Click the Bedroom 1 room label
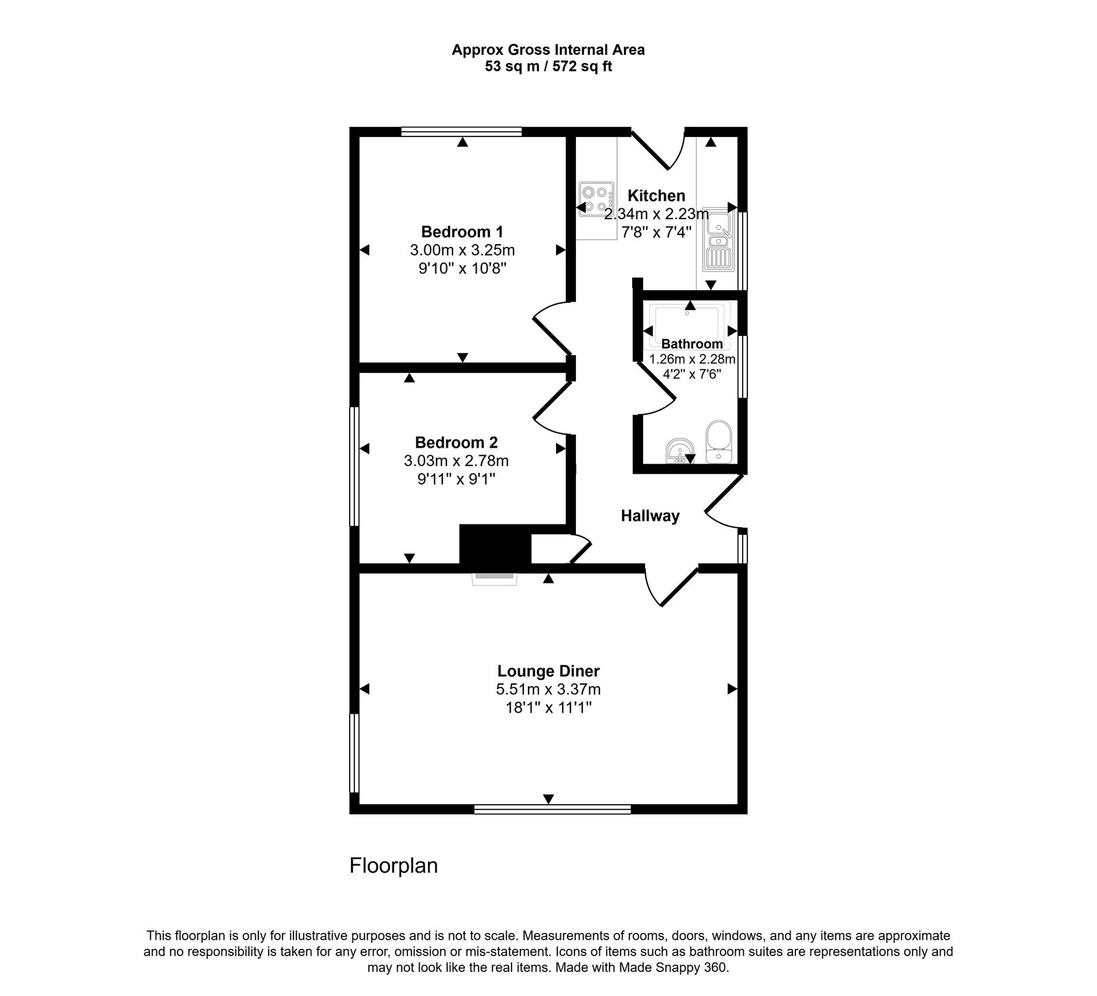click(462, 232)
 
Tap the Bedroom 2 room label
click(456, 443)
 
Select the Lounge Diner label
click(548, 671)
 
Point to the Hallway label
click(649, 516)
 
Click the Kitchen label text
click(656, 195)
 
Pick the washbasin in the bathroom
click(678, 452)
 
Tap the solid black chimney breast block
click(494, 544)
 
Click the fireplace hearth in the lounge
click(494, 580)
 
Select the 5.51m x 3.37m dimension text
click(548, 690)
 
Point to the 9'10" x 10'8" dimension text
click(462, 268)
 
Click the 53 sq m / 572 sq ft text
click(548, 67)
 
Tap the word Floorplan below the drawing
click(394, 866)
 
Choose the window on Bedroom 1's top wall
click(461, 132)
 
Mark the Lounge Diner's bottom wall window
click(552, 810)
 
